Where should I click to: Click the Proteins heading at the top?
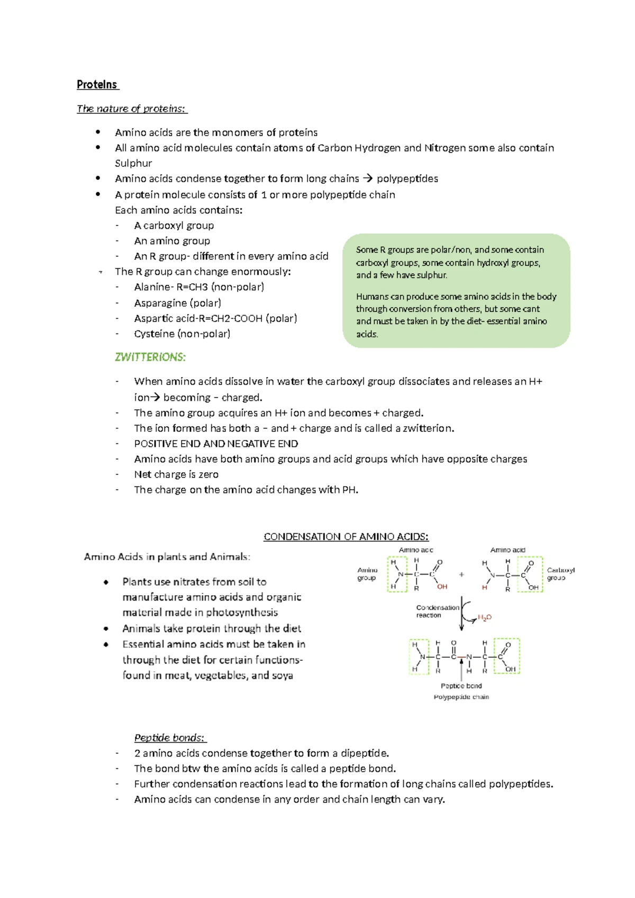[97, 85]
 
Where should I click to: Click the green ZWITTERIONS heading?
[150, 357]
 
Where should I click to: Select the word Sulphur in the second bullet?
[133, 163]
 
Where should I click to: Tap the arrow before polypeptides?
[368, 178]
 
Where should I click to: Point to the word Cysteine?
[154, 334]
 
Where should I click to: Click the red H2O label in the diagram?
[485, 617]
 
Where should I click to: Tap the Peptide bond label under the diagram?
[461, 686]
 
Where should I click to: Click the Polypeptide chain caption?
[461, 697]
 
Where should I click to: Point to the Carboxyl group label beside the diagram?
[560, 574]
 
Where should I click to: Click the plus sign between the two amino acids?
[461, 574]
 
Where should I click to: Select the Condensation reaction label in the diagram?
[437, 612]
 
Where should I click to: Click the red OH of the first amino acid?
[442, 587]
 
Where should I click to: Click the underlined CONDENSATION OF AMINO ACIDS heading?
[346, 536]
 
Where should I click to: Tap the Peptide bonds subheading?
[170, 738]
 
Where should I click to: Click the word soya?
[283, 676]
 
